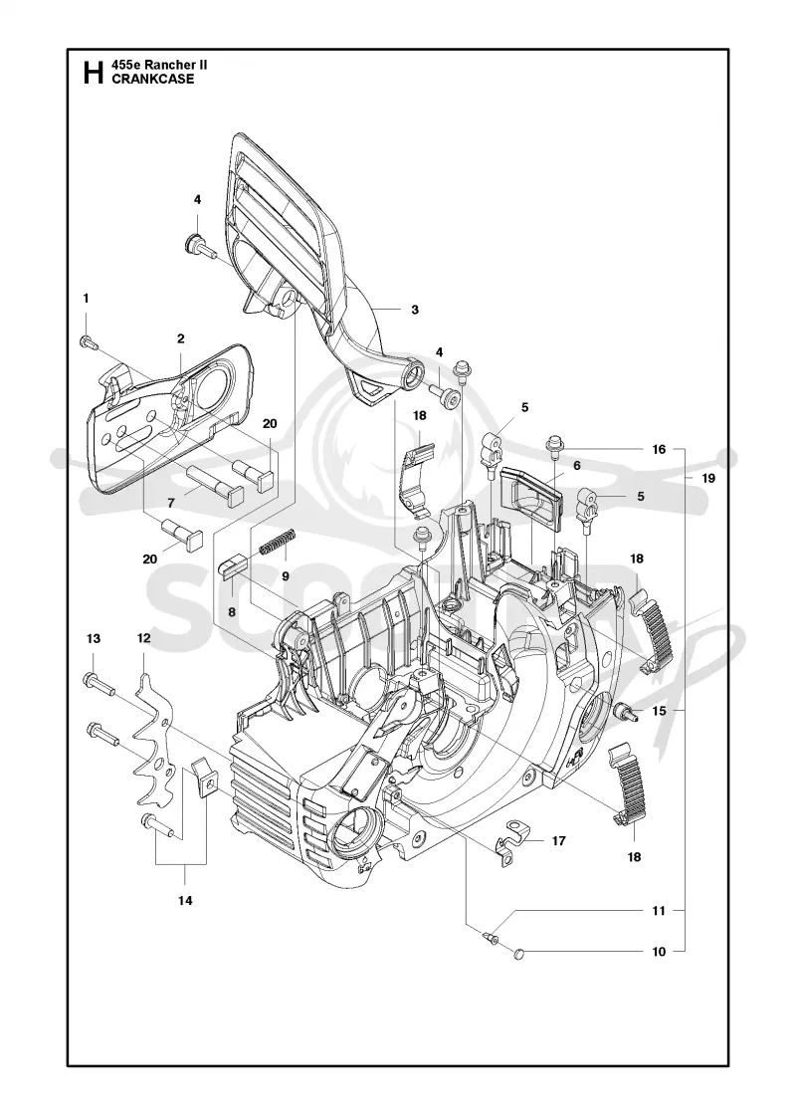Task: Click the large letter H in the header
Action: [x=94, y=73]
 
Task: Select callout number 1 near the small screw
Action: [x=87, y=299]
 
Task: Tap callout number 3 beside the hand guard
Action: [x=415, y=310]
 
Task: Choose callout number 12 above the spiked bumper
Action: [x=144, y=638]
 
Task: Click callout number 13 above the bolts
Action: [x=94, y=638]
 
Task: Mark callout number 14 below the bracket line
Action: [x=185, y=900]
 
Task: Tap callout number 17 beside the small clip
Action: [x=558, y=840]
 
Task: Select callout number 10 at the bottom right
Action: [x=659, y=952]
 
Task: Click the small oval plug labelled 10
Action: [x=518, y=953]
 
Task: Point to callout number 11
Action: [x=659, y=910]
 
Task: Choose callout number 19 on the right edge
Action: [x=708, y=478]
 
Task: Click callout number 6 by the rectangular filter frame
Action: [x=577, y=465]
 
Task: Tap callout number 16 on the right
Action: [x=659, y=449]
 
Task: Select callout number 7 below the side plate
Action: [x=170, y=502]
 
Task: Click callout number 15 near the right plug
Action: [x=659, y=711]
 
